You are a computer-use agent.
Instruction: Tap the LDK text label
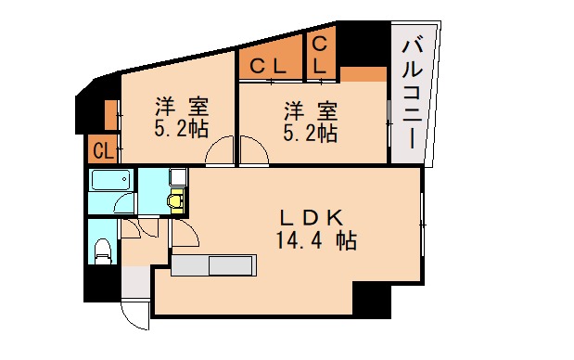[314, 218]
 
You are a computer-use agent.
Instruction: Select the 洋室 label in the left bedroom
[181, 108]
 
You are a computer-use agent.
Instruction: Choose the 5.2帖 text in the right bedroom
[310, 133]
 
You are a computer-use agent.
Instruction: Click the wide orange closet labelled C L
[269, 66]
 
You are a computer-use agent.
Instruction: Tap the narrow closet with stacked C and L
[319, 55]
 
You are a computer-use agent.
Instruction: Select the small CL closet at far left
[102, 149]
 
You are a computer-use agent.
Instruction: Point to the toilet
[104, 248]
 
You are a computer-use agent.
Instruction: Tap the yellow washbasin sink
[174, 199]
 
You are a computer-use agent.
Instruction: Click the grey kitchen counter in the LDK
[214, 266]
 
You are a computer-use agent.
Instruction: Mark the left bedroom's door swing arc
[221, 152]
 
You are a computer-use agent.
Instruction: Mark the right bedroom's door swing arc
[252, 152]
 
